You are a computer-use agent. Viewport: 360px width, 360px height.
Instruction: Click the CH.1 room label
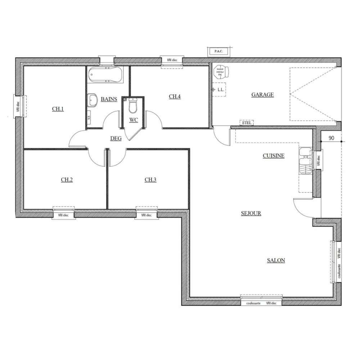58,109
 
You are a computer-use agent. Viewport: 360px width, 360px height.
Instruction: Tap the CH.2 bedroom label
67,180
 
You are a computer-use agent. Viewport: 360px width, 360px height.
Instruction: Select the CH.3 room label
150,180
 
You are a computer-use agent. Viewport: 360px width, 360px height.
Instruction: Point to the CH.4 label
175,96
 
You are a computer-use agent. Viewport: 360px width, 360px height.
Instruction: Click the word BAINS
109,99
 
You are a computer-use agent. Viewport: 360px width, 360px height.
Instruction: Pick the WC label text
134,120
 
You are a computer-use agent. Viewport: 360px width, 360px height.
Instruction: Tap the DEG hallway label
116,138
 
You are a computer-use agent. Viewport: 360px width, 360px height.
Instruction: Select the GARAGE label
262,95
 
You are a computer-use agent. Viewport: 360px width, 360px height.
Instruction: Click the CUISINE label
274,156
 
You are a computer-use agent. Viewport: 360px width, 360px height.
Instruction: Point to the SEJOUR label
251,213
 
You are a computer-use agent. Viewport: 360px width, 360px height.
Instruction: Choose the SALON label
276,260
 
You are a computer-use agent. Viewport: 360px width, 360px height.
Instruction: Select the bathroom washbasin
93,100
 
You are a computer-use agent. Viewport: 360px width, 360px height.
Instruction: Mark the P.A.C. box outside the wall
218,51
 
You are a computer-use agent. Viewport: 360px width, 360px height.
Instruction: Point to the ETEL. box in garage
247,123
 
